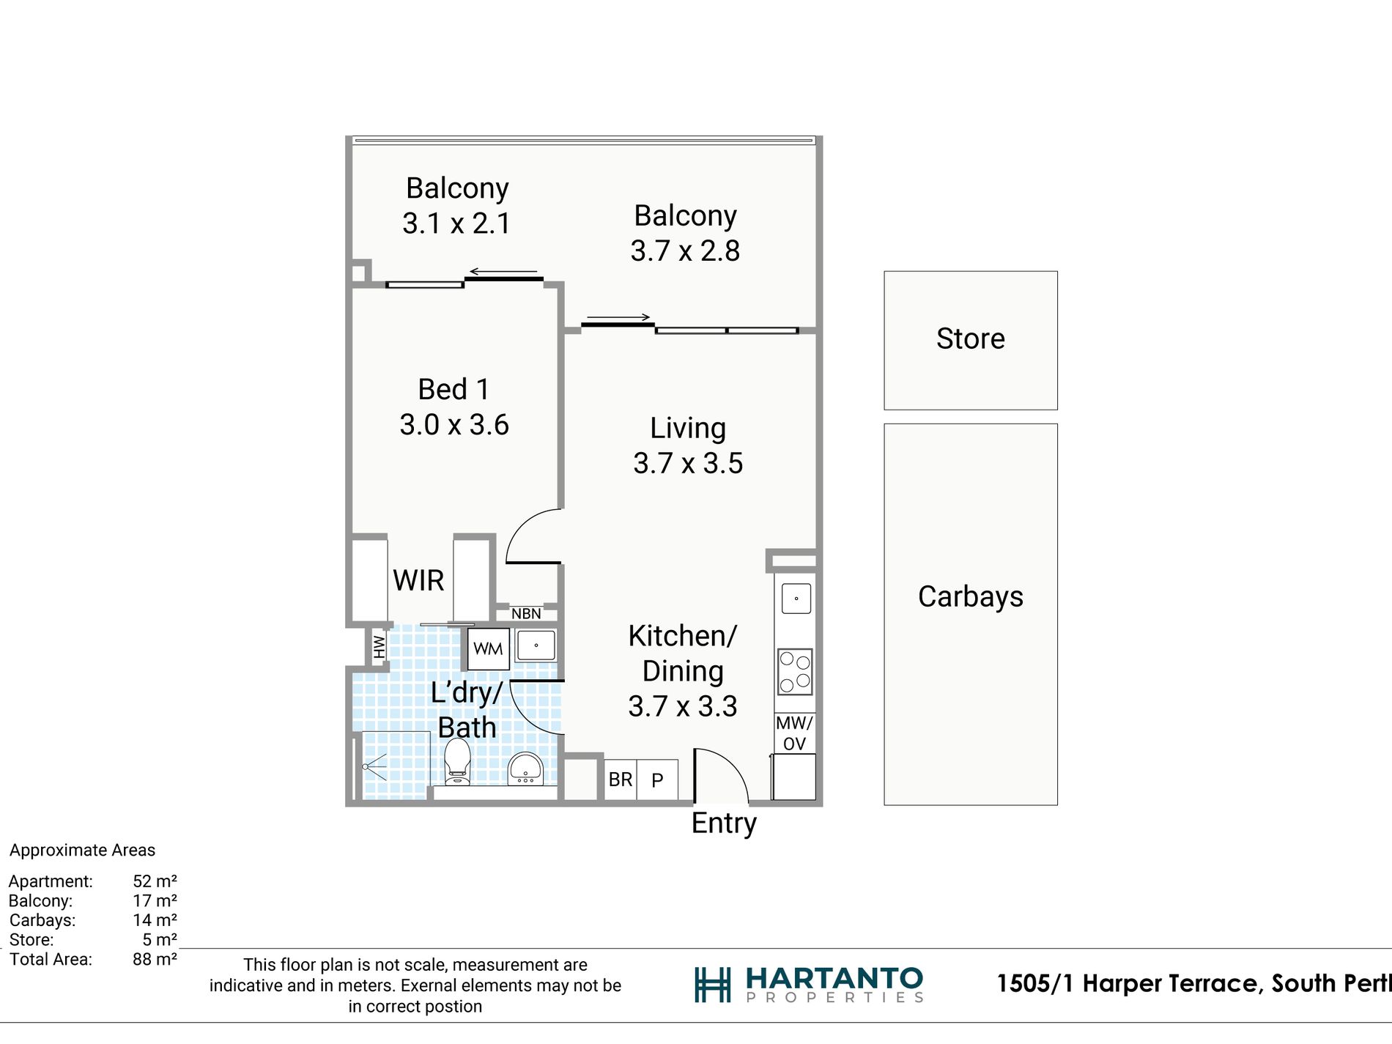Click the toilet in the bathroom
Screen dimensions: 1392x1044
point(457,762)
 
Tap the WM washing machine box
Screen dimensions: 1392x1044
point(488,648)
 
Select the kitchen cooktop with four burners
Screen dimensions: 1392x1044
point(795,672)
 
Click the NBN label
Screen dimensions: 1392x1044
point(526,614)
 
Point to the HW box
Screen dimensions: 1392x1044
point(379,646)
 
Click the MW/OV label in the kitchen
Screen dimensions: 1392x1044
point(794,733)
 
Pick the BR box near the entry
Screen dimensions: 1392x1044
point(621,780)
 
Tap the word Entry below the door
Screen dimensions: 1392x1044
point(724,823)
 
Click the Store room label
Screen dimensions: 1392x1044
point(971,338)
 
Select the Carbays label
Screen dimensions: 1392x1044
point(971,597)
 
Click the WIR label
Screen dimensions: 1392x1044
point(418,580)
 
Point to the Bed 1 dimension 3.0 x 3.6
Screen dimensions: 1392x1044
point(454,425)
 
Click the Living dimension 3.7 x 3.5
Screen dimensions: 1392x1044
point(688,463)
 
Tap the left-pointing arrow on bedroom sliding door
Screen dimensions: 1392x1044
point(503,272)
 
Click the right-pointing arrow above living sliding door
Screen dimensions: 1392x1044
point(618,317)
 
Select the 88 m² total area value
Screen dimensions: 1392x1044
point(155,959)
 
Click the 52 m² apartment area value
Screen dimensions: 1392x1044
point(155,881)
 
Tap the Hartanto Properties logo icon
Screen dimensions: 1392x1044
point(712,985)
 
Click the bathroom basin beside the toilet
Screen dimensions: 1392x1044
point(525,768)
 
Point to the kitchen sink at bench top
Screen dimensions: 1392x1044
point(796,599)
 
